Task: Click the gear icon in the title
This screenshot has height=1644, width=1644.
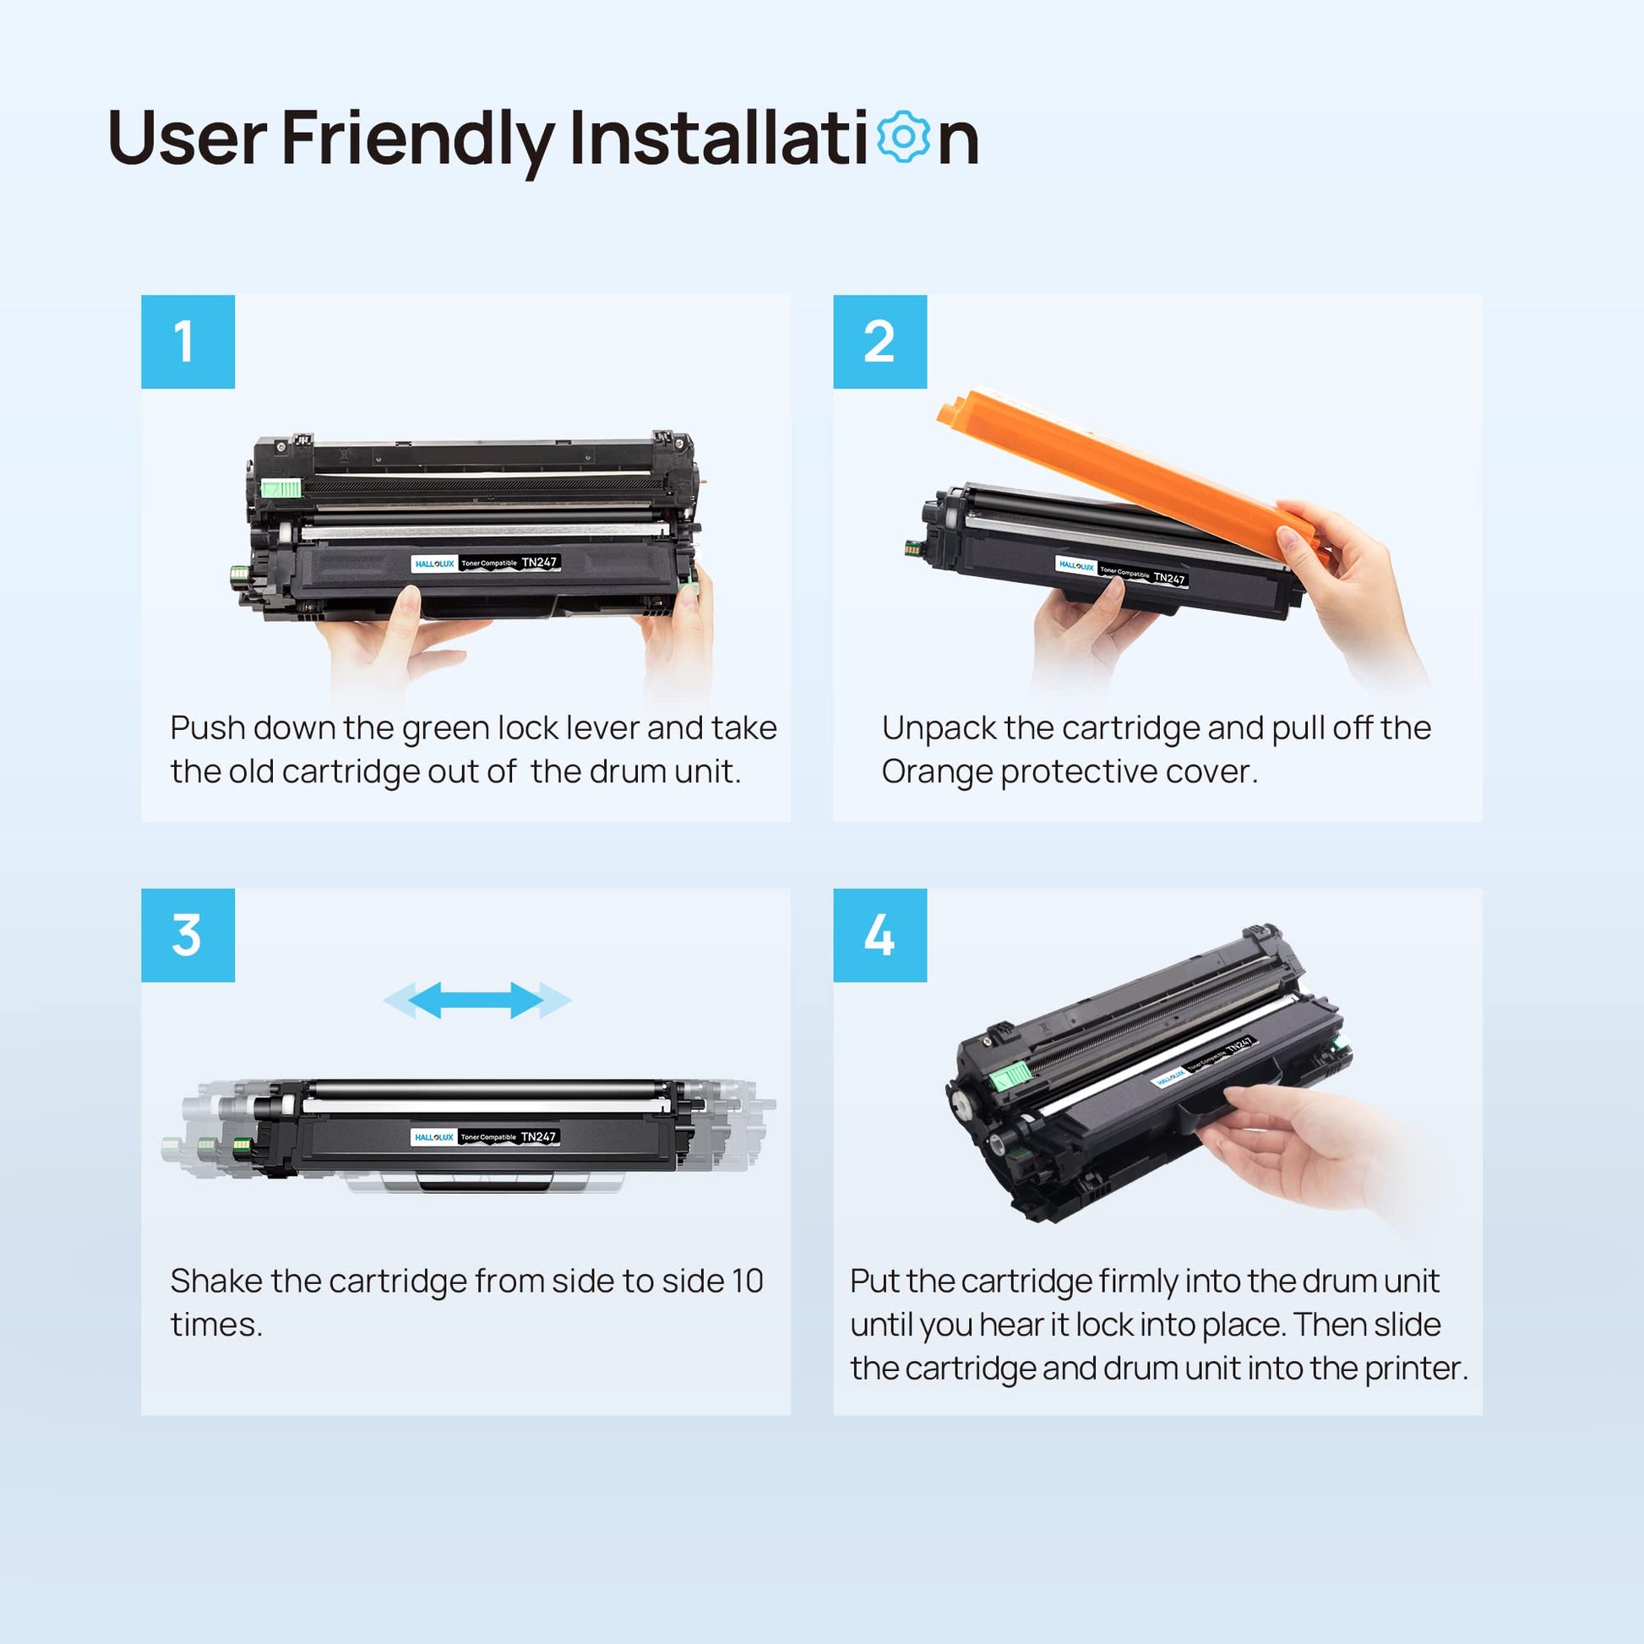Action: [903, 137]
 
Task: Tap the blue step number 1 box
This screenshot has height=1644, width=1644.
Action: [188, 342]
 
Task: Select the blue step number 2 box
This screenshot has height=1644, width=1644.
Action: [879, 342]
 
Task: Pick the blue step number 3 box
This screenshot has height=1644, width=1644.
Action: [188, 935]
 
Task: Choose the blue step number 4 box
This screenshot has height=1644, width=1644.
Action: [879, 935]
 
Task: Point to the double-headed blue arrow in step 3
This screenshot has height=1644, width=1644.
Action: [476, 1000]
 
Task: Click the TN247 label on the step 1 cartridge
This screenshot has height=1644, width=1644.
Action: [540, 563]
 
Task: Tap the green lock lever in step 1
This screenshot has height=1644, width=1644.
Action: [280, 487]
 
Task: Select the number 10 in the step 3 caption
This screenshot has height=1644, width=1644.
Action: [747, 1282]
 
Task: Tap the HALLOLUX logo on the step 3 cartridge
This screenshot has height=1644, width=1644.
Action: [434, 1138]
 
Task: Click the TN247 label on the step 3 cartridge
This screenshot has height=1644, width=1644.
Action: [539, 1137]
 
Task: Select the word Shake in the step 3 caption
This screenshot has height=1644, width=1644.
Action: [216, 1281]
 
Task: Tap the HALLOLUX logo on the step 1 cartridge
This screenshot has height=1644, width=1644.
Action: [434, 563]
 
